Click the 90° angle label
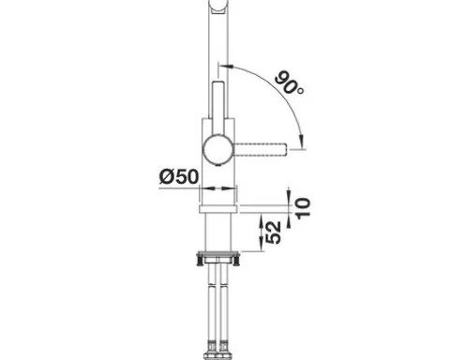click(x=290, y=83)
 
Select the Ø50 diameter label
click(x=179, y=177)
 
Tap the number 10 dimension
click(x=303, y=208)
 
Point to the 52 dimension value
click(x=273, y=232)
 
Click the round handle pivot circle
click(x=217, y=149)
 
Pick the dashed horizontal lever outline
click(x=260, y=149)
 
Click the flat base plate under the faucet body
click(x=218, y=209)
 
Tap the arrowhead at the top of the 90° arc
click(x=226, y=66)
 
